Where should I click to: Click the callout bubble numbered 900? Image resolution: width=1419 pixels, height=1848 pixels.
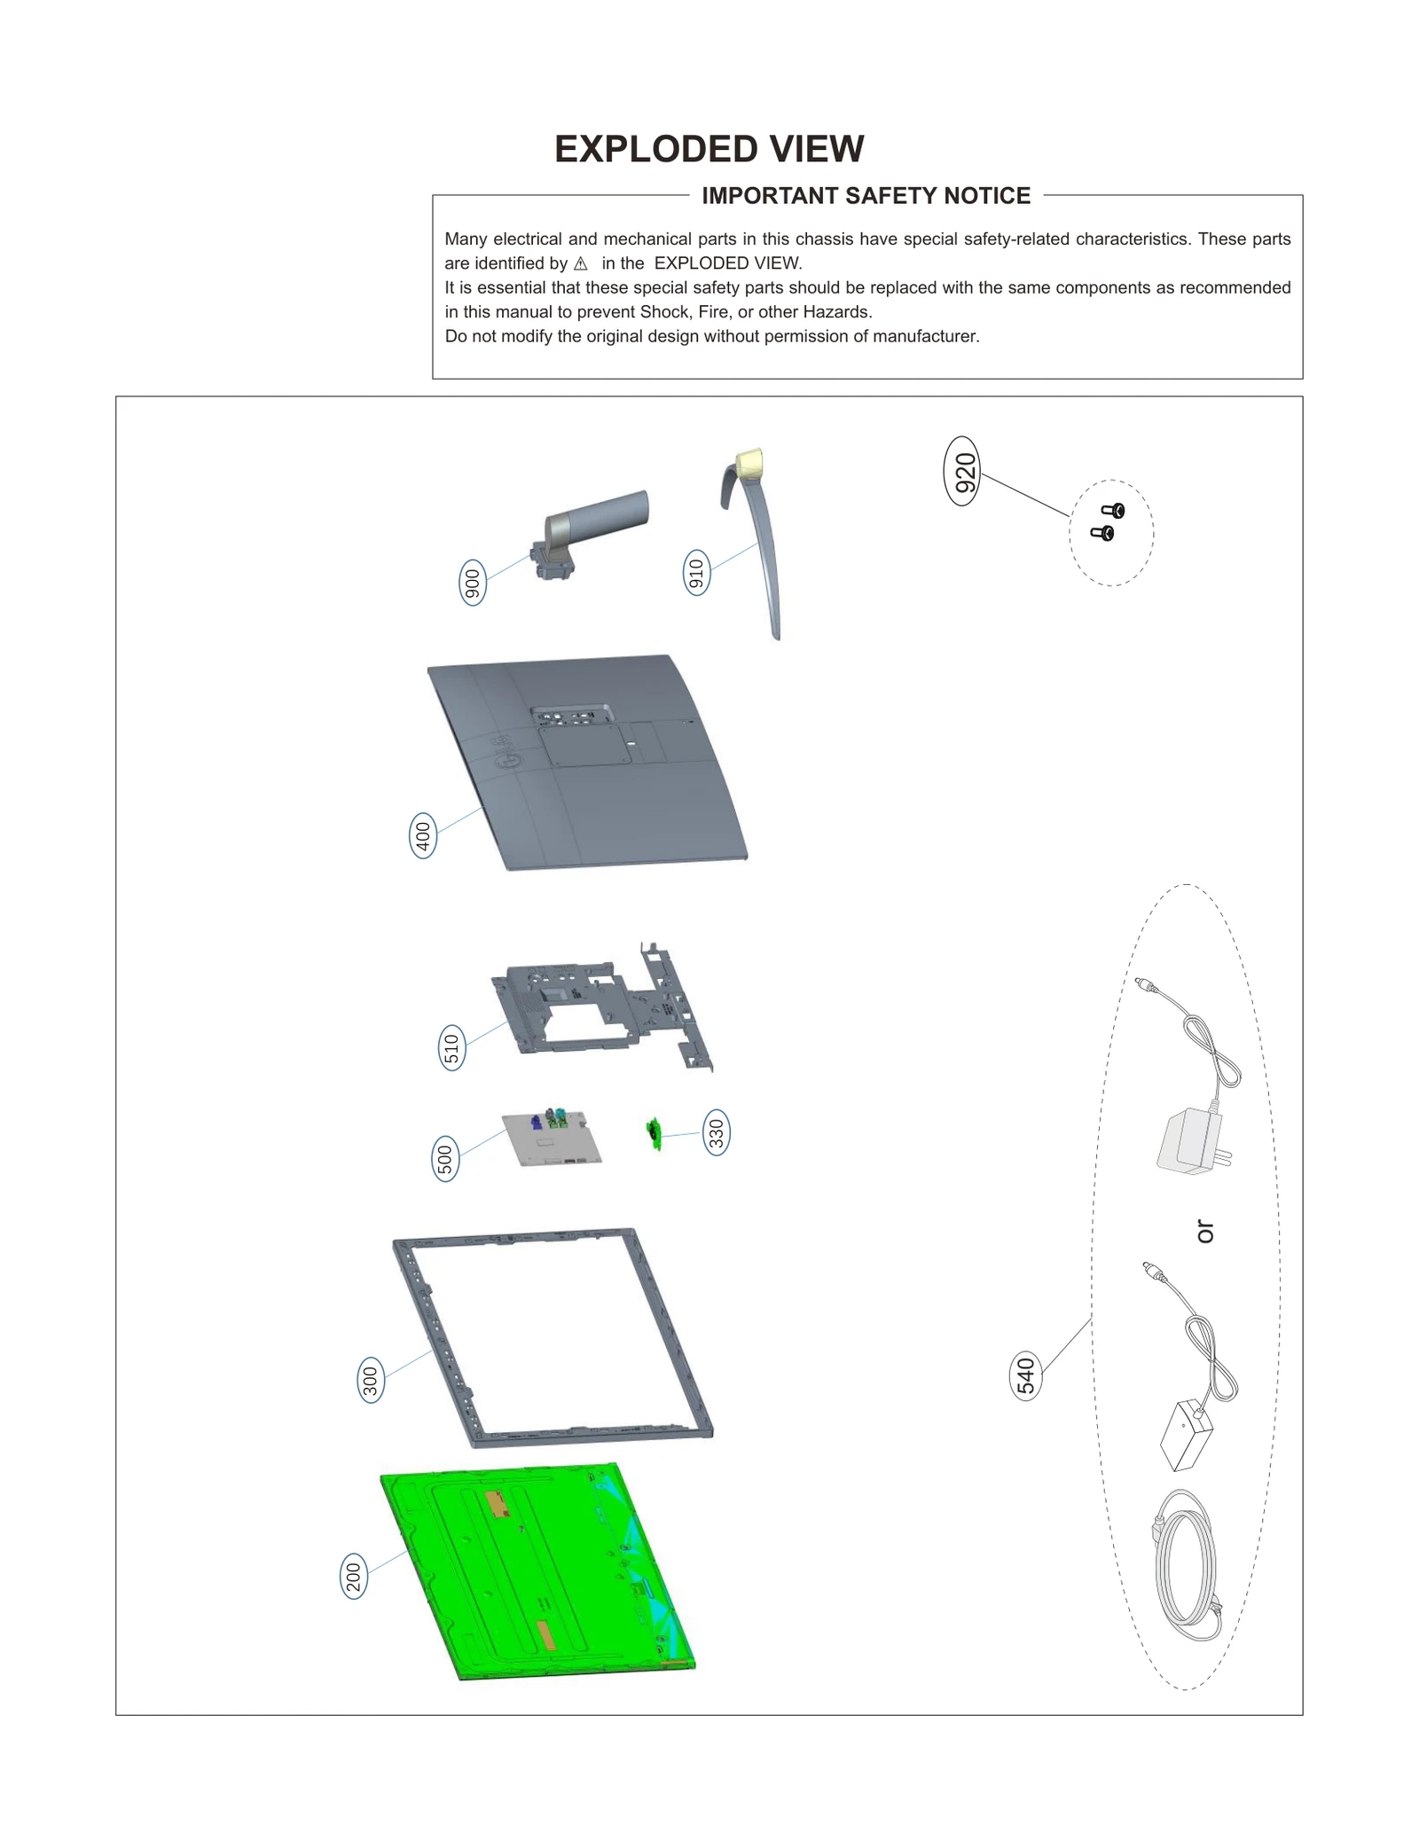(473, 583)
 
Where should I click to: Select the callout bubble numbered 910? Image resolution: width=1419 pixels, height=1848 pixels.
(697, 573)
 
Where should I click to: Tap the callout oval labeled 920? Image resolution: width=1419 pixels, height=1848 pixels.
(963, 471)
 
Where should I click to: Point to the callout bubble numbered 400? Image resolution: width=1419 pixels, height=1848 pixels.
(423, 835)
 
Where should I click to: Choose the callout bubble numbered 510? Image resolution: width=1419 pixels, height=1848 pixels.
(452, 1048)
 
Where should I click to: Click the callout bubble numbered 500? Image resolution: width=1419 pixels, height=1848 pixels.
(445, 1159)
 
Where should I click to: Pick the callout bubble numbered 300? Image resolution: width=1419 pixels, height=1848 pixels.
(371, 1381)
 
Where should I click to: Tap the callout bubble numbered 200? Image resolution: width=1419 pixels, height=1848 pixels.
(354, 1577)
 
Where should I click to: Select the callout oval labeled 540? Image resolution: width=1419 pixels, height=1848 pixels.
(1026, 1375)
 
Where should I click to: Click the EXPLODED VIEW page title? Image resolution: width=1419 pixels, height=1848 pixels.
(709, 149)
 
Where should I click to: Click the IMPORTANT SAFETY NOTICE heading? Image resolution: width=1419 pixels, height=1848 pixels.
(866, 196)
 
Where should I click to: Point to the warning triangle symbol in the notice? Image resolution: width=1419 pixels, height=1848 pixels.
(581, 264)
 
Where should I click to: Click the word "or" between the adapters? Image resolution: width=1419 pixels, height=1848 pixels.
(1204, 1231)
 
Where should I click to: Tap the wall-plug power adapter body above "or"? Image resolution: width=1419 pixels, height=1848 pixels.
(1189, 1143)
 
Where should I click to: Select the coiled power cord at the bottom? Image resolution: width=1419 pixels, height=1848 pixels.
(1187, 1567)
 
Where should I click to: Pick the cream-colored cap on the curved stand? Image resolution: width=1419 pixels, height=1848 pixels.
(750, 463)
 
